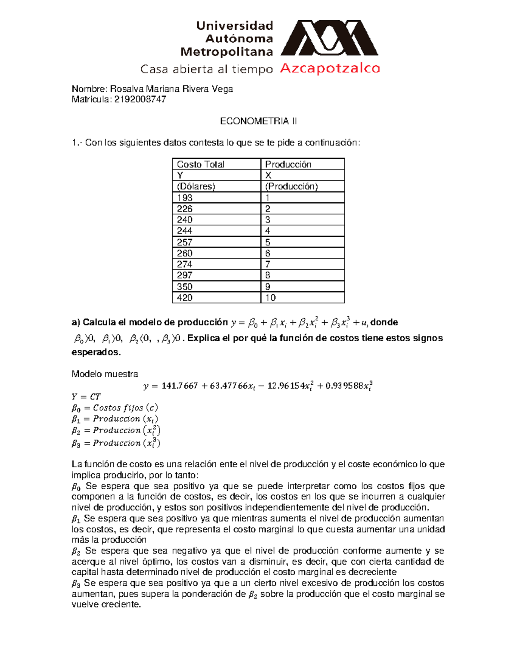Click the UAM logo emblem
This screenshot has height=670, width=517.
329,39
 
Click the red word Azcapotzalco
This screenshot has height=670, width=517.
330,69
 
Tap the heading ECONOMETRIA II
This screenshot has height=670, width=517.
258,121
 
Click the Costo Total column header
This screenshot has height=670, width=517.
201,164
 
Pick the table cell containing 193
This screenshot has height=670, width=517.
185,198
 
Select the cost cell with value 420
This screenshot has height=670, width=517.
185,298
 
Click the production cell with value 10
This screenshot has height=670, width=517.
271,298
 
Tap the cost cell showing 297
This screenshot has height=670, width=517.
185,275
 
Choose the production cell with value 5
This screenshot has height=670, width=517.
268,242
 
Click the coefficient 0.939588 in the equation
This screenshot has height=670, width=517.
344,386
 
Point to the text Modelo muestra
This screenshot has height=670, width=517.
105,374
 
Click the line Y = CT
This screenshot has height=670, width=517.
86,397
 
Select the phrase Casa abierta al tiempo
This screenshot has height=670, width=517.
207,69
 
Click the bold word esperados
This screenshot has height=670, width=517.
96,352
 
